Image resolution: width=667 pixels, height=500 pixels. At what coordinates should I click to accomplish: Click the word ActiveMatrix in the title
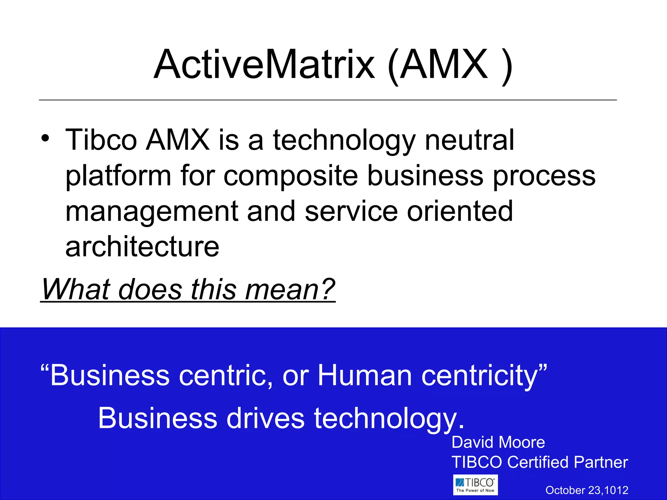(x=264, y=64)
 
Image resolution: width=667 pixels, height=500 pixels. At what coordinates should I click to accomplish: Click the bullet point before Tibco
(x=45, y=138)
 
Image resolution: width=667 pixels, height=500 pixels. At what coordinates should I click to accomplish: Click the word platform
(x=118, y=176)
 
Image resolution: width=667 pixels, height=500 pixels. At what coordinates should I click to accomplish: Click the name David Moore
(x=498, y=442)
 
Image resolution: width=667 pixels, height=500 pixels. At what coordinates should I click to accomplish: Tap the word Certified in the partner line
(x=539, y=462)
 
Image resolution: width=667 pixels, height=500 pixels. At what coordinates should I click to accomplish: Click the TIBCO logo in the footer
(x=475, y=485)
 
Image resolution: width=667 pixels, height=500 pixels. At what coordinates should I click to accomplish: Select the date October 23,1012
(x=587, y=490)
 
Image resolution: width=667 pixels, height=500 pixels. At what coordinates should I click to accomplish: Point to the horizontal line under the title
(x=328, y=100)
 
